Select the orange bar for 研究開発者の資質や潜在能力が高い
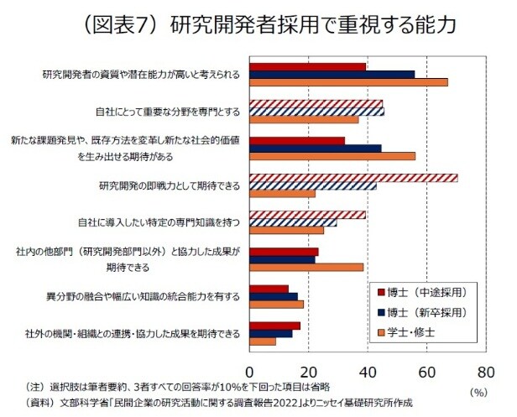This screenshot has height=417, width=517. [x=348, y=82]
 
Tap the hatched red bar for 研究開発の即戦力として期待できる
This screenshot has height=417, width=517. [x=353, y=177]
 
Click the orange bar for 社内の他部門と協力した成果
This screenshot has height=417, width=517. [x=306, y=267]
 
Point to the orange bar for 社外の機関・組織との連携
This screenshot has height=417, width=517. [x=263, y=341]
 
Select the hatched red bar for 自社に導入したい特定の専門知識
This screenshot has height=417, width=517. [x=307, y=214]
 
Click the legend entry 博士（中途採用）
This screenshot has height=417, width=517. [x=424, y=292]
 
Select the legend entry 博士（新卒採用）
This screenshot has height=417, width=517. [x=424, y=312]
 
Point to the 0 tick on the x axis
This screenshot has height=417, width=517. [x=249, y=371]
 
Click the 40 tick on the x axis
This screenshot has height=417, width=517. [x=368, y=371]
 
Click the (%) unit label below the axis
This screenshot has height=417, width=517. [x=478, y=390]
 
